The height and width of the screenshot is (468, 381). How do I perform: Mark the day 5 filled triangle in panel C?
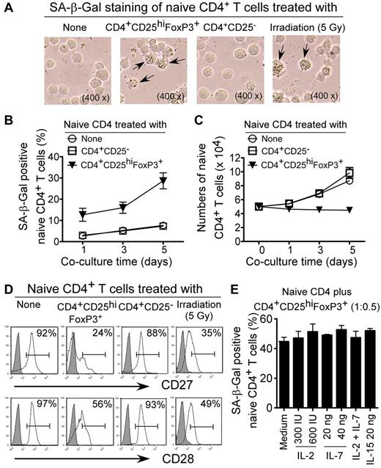coord(350,210)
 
